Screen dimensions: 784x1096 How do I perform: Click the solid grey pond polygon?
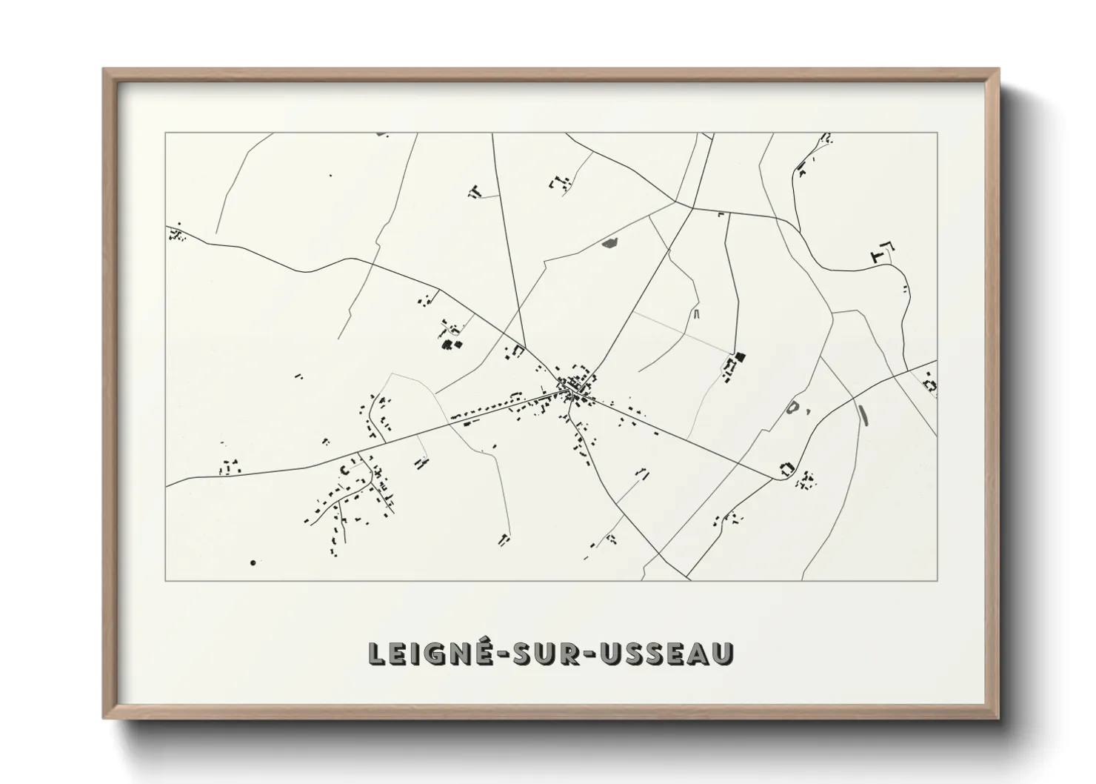(x=609, y=242)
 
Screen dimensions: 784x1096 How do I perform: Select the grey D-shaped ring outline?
(x=793, y=407)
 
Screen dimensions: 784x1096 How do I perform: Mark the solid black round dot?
(x=253, y=563)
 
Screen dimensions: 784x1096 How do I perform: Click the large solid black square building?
(x=741, y=357)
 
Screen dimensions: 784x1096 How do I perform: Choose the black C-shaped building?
(x=344, y=470)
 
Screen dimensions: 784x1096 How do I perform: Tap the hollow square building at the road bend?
(x=786, y=468)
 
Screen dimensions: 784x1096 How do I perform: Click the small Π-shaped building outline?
(x=696, y=314)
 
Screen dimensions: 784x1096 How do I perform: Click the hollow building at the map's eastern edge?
(x=930, y=385)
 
